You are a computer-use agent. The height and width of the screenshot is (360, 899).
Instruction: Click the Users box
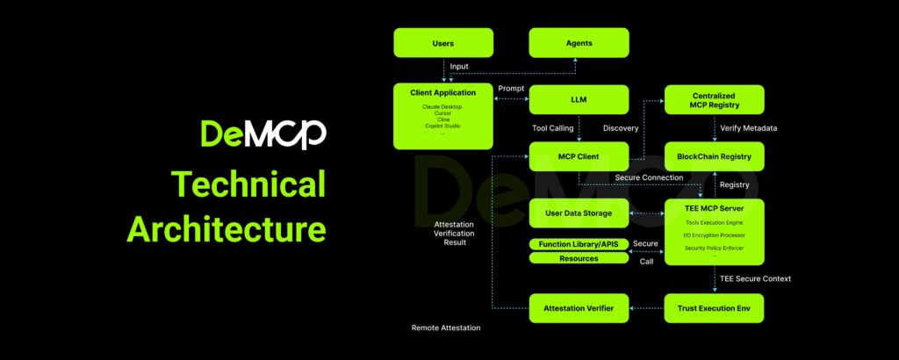tap(442, 43)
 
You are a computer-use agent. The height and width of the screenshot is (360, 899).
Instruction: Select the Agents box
tap(579, 43)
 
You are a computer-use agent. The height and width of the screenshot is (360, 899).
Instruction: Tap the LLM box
tap(579, 99)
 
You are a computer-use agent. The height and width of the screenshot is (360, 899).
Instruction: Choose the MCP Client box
tap(579, 157)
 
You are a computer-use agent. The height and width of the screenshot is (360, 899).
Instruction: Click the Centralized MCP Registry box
tap(714, 99)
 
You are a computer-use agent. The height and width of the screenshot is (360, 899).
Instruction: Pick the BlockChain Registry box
tap(714, 157)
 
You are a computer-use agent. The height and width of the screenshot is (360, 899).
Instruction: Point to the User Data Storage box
tap(579, 213)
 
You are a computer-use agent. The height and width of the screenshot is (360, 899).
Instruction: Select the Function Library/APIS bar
tap(579, 243)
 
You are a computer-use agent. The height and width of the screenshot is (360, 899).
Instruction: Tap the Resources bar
tap(579, 258)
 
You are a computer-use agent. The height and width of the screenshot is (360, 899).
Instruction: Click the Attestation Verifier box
tap(579, 308)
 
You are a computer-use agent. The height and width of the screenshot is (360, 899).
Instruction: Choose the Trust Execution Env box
tap(714, 308)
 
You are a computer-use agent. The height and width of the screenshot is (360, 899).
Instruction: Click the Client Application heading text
tap(442, 92)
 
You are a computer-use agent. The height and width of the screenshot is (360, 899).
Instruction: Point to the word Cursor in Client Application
tap(442, 113)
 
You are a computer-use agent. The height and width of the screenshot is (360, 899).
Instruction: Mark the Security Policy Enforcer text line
tap(714, 248)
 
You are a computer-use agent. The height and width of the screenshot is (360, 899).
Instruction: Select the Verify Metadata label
tap(747, 128)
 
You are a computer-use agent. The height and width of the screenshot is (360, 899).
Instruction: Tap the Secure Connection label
tap(649, 177)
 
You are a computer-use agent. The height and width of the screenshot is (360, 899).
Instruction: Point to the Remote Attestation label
tap(446, 328)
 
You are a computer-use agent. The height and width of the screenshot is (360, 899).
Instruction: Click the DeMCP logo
tap(263, 133)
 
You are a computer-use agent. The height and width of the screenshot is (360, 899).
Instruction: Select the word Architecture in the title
tap(227, 227)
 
